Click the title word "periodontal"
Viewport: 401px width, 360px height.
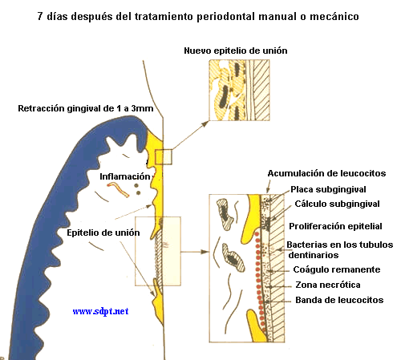click(226, 17)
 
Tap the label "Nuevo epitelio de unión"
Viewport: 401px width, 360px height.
click(236, 51)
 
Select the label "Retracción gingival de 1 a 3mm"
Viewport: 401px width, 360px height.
click(86, 108)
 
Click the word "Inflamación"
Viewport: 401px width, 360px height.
click(125, 176)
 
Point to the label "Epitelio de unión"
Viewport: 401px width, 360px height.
click(103, 233)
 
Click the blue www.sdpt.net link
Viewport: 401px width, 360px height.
click(100, 311)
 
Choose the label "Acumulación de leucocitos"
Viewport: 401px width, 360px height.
click(326, 173)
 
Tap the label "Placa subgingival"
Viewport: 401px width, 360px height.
click(328, 189)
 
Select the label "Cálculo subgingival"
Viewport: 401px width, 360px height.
click(337, 204)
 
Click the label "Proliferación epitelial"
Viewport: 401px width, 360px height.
click(335, 226)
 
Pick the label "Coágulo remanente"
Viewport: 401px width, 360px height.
click(337, 269)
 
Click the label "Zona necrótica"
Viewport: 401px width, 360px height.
click(328, 285)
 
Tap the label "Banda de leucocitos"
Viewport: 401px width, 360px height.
click(339, 300)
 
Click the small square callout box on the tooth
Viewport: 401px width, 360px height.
click(164, 157)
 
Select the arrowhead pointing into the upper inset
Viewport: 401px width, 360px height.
click(205, 123)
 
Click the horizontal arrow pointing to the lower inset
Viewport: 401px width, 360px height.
click(195, 252)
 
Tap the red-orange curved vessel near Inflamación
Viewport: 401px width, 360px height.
click(118, 188)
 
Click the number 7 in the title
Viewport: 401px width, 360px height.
click(40, 16)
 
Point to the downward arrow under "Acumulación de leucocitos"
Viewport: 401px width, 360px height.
click(269, 186)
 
